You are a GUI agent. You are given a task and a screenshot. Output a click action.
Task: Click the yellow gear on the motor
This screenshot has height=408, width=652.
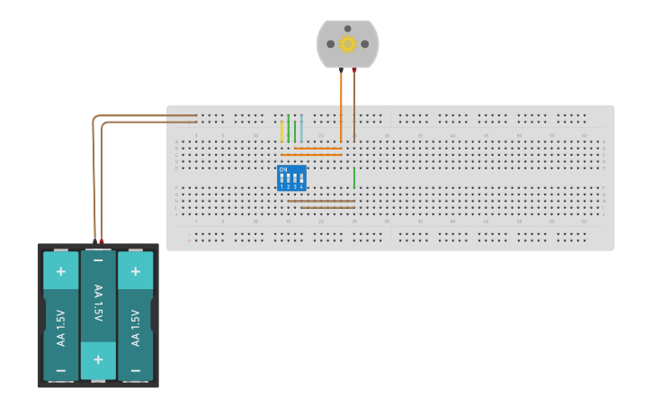pos(347,43)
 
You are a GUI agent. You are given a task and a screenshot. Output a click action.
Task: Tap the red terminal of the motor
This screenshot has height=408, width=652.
pos(354,69)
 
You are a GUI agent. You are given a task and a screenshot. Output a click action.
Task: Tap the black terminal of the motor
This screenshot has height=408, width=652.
pos(341,69)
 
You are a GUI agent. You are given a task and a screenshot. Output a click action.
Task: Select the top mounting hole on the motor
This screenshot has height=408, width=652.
pos(347,28)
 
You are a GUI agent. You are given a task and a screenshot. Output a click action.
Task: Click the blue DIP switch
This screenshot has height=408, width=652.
pos(291,177)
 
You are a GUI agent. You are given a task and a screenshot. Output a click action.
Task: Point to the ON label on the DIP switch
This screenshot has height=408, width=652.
pos(283,169)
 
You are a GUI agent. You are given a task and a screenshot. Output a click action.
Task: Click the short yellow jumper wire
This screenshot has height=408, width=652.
pos(281,132)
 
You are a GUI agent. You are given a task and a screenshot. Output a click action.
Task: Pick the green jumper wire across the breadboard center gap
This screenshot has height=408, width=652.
pos(354,177)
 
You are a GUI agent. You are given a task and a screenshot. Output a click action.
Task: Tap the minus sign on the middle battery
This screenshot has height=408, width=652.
pos(98,260)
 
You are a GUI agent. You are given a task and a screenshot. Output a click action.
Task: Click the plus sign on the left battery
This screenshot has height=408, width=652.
pos(61,270)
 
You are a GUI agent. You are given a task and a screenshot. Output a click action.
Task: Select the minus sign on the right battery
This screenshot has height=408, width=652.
pos(135,370)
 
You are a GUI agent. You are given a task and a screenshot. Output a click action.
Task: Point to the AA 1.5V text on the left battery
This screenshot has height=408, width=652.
pos(61,328)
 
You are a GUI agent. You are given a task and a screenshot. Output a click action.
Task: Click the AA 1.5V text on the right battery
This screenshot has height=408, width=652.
pos(135,328)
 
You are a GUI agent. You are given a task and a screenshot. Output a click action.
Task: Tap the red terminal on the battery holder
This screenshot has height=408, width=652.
pos(102,240)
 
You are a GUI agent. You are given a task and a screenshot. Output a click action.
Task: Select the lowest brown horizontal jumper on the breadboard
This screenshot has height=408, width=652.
pos(327,207)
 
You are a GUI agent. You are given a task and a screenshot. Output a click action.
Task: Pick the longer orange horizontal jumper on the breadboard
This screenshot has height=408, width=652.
pos(311,155)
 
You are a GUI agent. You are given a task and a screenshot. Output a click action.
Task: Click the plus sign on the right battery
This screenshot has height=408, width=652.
pos(135,270)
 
